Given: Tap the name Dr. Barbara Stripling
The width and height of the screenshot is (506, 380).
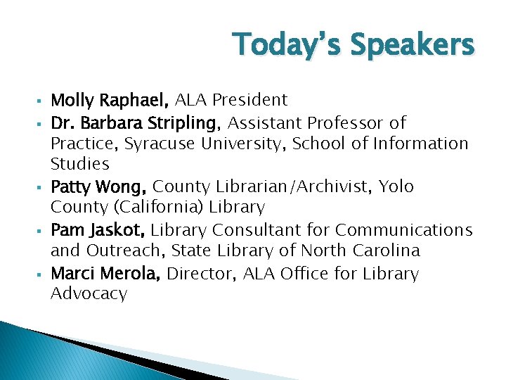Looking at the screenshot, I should (136, 123).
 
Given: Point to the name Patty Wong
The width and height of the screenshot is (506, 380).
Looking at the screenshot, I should (99, 187).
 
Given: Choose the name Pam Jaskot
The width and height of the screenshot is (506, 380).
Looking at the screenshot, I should (99, 230).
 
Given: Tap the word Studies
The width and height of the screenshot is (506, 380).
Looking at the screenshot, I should (80, 165).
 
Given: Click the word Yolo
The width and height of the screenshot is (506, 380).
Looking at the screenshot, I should (396, 187).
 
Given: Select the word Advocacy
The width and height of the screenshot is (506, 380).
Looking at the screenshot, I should (89, 294).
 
